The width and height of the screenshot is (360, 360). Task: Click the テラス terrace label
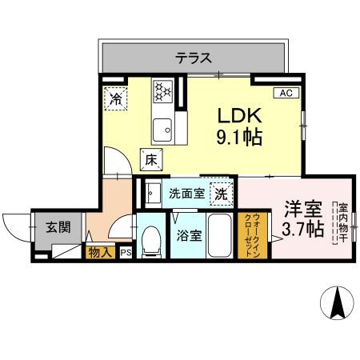coord(194,58)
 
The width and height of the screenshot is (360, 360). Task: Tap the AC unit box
coord(285,94)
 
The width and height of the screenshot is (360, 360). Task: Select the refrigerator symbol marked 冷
coord(116,100)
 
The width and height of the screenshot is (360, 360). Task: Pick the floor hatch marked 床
coord(150,159)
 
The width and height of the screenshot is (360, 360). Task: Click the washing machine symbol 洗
coord(220,193)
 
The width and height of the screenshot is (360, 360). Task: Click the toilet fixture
coord(150,242)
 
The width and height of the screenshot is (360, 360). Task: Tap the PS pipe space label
coord(126,253)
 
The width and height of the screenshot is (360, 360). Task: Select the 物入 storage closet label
coord(99,253)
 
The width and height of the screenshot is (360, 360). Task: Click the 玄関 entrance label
coord(57,226)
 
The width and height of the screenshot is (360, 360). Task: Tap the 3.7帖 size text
coord(302,230)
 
